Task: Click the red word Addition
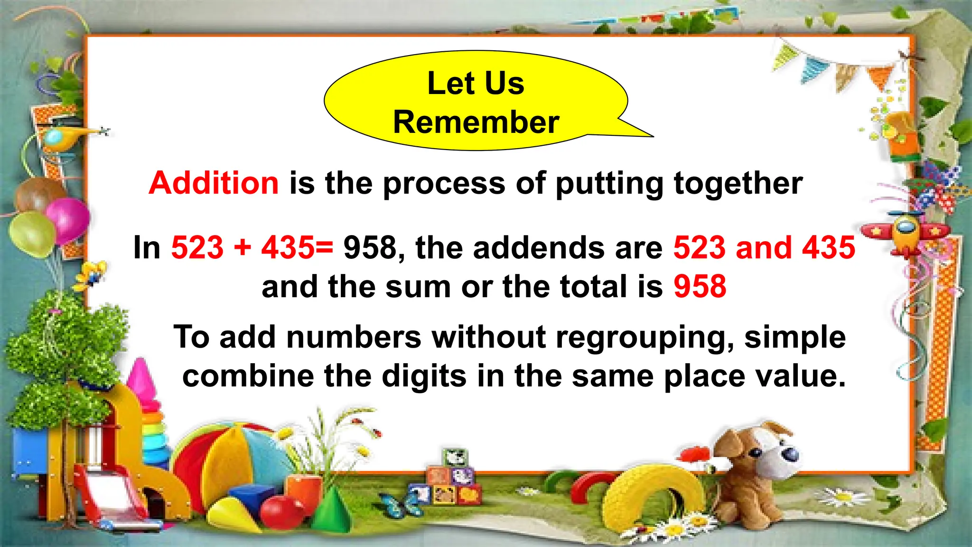coord(214,183)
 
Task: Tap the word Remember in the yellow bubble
coord(476,123)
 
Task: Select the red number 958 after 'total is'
coord(700,287)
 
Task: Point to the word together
coord(738,184)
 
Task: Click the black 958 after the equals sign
coord(370,248)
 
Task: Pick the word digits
coord(424,377)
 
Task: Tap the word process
coord(444,184)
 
